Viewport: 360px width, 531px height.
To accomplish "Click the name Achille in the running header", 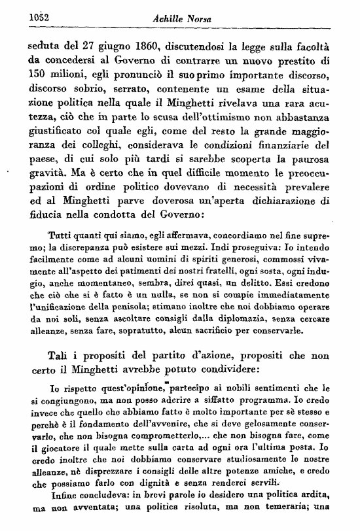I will coord(170,19).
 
